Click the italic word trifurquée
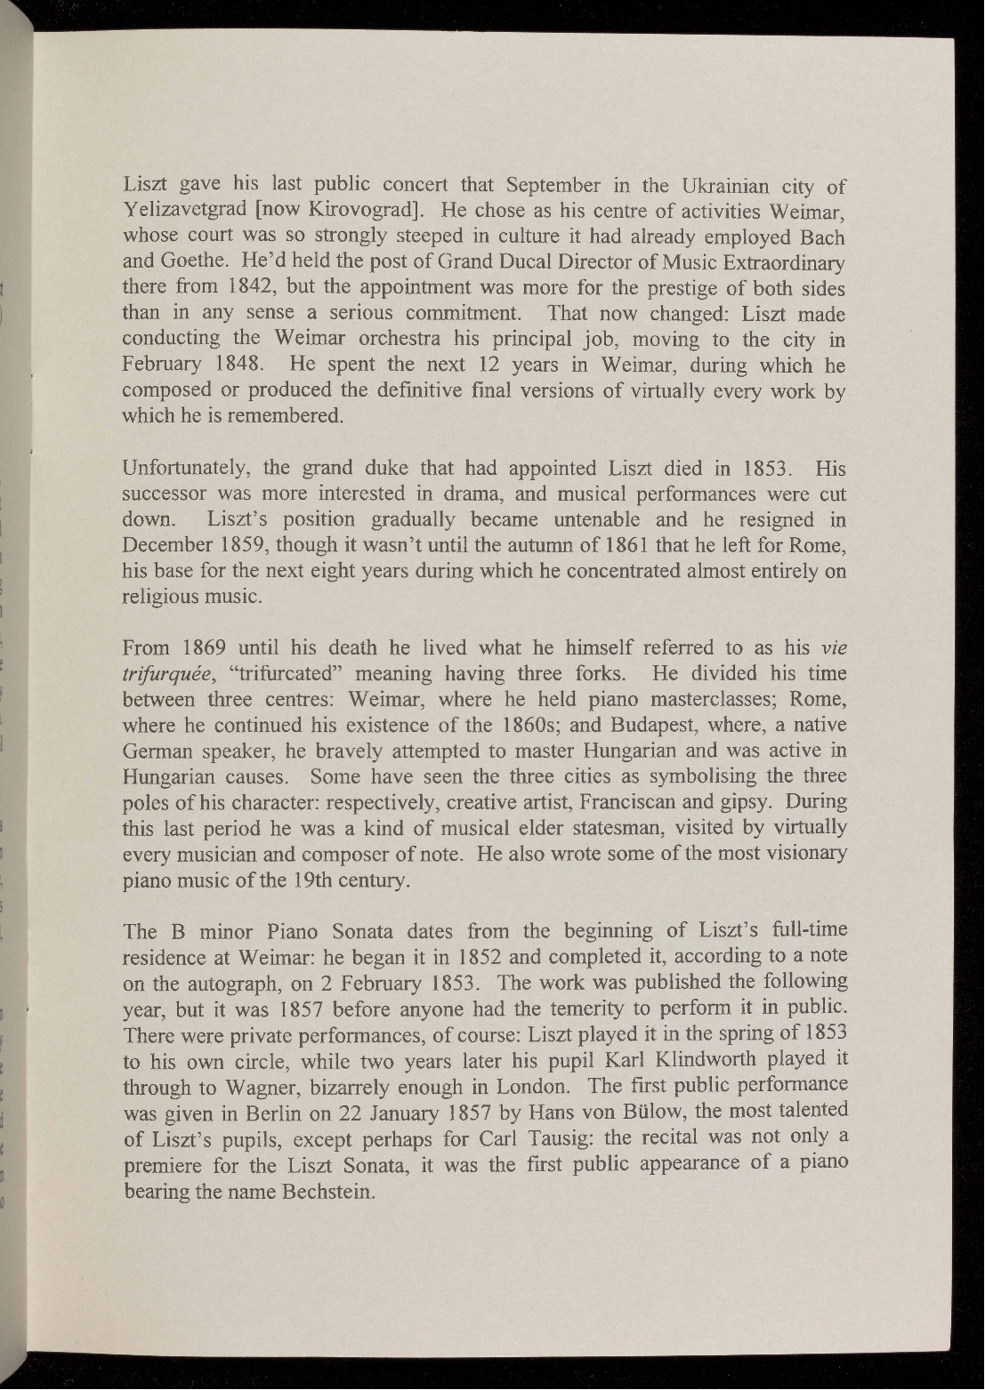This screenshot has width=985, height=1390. point(170,673)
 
